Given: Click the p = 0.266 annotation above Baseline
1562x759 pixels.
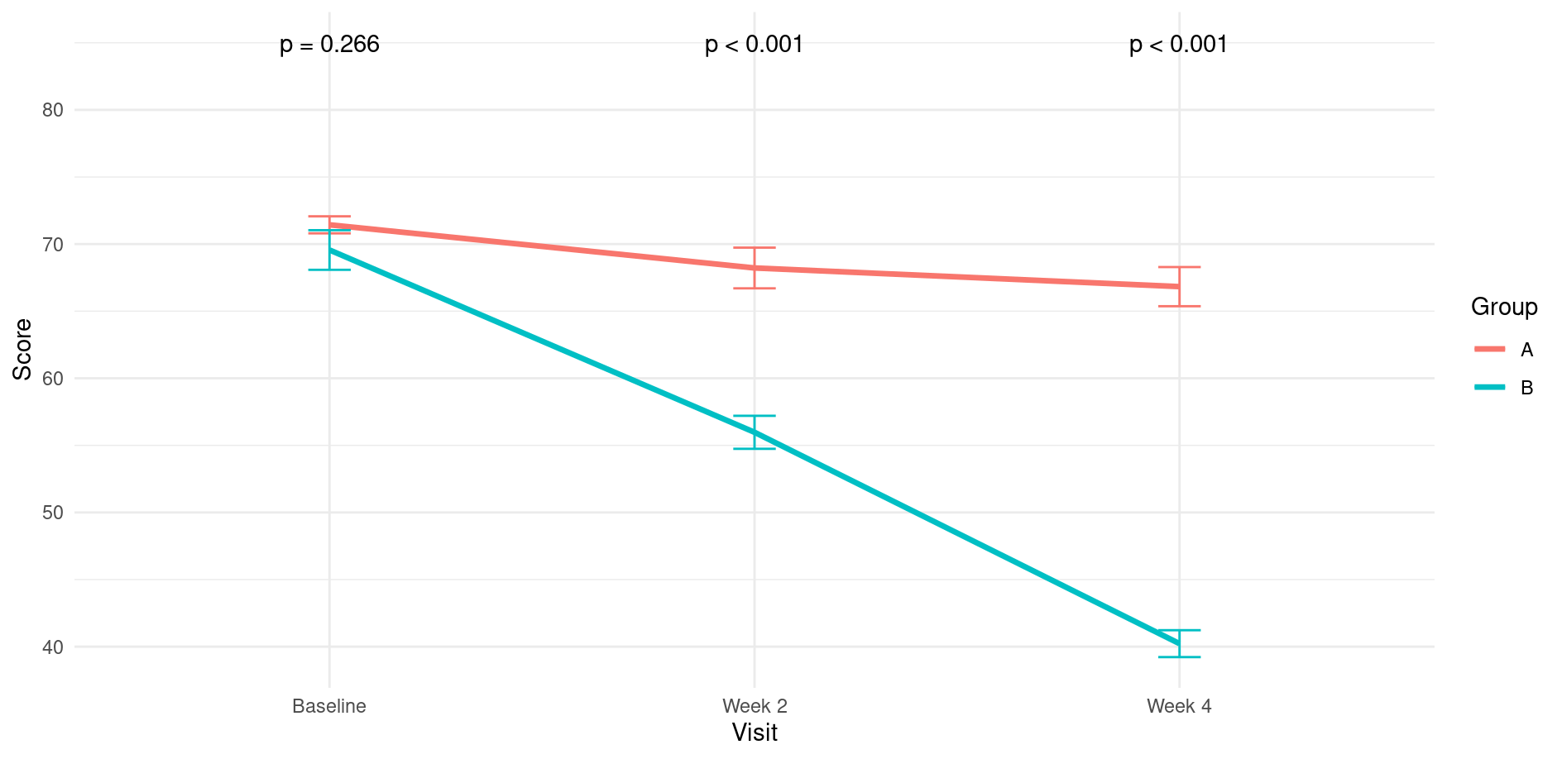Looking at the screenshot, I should click(x=329, y=45).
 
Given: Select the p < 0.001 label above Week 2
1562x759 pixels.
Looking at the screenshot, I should click(x=754, y=45).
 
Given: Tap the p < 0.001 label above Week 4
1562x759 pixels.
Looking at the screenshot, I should click(x=1178, y=45).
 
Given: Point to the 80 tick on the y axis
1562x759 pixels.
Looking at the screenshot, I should click(x=53, y=110).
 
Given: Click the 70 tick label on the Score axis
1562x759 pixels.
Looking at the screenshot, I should click(x=53, y=244).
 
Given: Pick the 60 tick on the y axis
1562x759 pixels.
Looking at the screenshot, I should click(x=53, y=379).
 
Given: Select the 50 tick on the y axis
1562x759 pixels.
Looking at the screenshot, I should click(x=53, y=513).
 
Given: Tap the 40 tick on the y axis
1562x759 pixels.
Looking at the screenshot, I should click(x=53, y=647).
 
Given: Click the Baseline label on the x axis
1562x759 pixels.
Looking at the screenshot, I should click(x=329, y=706).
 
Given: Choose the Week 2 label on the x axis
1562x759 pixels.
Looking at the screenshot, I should click(x=755, y=706).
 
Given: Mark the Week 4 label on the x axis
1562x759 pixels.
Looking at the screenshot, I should click(x=1179, y=706).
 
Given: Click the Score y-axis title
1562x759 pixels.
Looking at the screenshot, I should click(x=23, y=349).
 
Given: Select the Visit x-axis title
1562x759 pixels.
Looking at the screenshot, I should click(x=755, y=733).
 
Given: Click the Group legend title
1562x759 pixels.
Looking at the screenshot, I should click(x=1504, y=308).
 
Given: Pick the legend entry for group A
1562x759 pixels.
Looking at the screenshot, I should click(x=1504, y=350).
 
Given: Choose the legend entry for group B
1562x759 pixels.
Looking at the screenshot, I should click(x=1504, y=388).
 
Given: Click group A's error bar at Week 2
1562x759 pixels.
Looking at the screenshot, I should click(x=755, y=268).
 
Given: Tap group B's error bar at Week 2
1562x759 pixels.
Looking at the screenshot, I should click(x=755, y=432).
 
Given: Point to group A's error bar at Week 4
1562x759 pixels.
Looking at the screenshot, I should click(x=1179, y=287).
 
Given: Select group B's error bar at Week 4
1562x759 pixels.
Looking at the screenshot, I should click(x=1179, y=643).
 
